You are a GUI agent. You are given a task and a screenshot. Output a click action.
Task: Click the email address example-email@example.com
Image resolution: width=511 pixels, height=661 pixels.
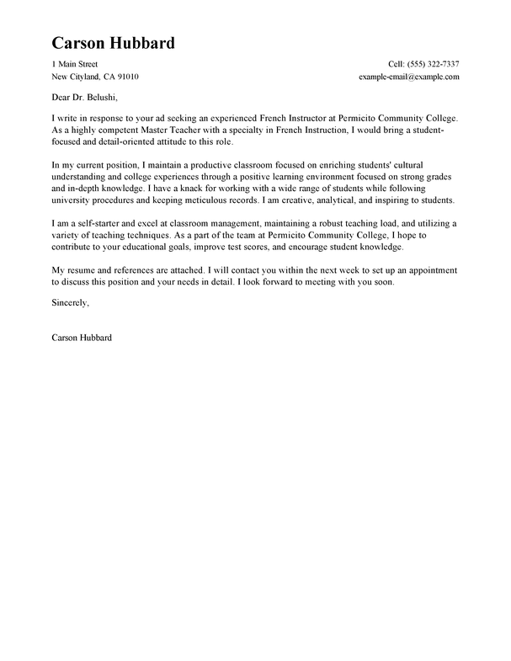click(408, 77)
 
